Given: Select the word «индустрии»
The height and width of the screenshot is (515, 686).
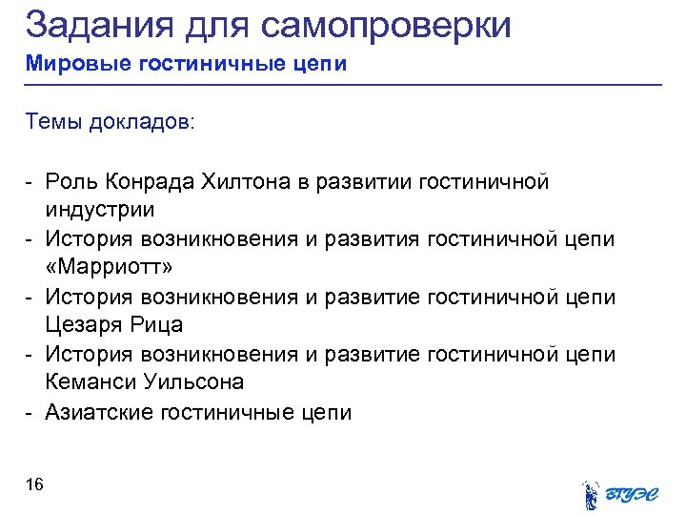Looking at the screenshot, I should coord(99,208).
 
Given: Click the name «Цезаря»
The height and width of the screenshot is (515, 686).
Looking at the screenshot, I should coord(84,324).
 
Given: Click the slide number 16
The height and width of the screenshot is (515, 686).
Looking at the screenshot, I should coord(34,485).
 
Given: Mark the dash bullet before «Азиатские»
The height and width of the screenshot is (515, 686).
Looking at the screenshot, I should coord(30,412).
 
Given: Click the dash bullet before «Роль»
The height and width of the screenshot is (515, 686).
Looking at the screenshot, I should coord(30,181).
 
